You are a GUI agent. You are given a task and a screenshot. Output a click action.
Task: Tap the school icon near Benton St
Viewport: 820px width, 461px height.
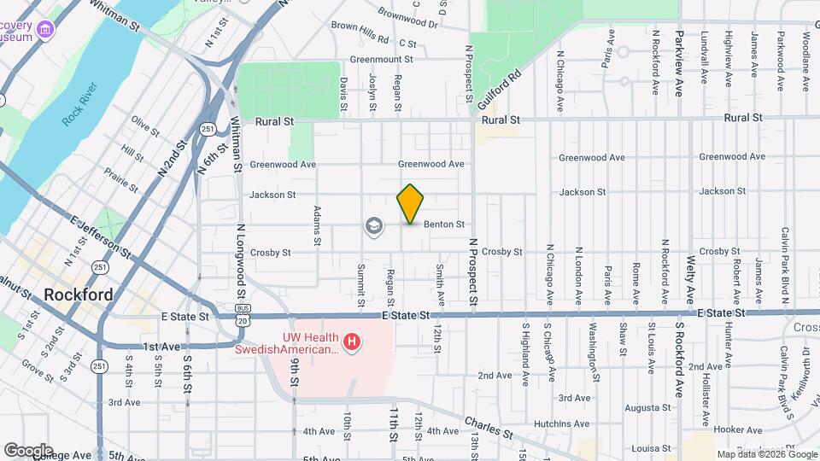pyautogui.click(x=373, y=226)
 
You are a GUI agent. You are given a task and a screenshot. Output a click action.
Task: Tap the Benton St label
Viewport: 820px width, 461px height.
pyautogui.click(x=443, y=225)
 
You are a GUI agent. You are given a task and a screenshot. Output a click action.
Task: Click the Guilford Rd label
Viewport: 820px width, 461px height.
pyautogui.click(x=500, y=89)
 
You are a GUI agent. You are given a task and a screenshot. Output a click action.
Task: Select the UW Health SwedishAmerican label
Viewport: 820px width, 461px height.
pyautogui.click(x=288, y=343)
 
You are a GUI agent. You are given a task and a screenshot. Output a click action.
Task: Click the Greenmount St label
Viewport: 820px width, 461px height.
pyautogui.click(x=381, y=60)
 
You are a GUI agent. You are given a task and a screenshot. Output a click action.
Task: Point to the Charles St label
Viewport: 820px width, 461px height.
pyautogui.click(x=489, y=428)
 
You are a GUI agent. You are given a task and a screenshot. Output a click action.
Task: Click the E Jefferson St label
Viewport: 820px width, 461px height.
pyautogui.click(x=101, y=237)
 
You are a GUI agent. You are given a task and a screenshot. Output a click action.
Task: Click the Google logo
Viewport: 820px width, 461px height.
pyautogui.click(x=27, y=450)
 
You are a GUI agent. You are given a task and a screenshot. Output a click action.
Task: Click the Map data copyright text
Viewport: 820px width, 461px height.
pyautogui.click(x=764, y=454)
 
